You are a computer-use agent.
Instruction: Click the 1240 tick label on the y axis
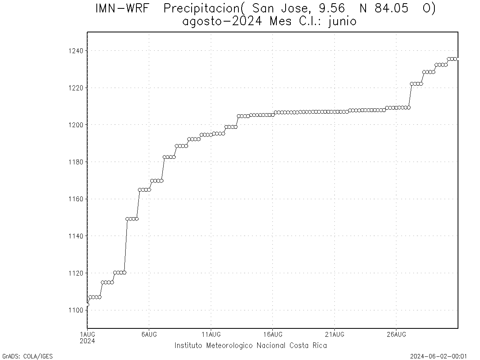tap(75, 51)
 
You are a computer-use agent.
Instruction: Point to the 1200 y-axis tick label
tap(75, 125)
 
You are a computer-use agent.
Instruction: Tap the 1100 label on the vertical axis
tap(75, 310)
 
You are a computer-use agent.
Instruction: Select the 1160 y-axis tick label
tap(75, 199)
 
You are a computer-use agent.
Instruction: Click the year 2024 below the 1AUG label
tap(87, 341)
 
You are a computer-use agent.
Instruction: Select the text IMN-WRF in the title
tap(123, 9)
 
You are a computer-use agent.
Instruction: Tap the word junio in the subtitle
tap(342, 21)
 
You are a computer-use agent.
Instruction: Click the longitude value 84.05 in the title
tap(390, 9)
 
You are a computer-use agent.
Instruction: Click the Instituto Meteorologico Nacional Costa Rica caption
tap(250, 346)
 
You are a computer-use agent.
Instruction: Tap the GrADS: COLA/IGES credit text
tap(28, 356)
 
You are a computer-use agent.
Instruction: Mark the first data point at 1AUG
tap(87, 305)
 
